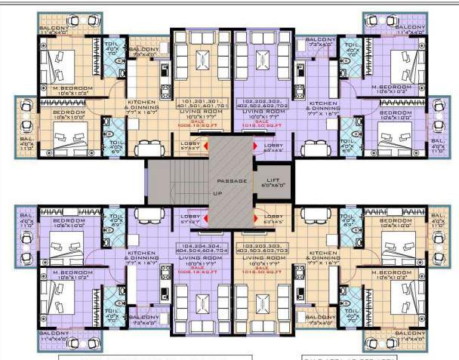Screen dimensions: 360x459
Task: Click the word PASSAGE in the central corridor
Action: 228,182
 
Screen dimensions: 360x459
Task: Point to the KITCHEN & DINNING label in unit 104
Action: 141,256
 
